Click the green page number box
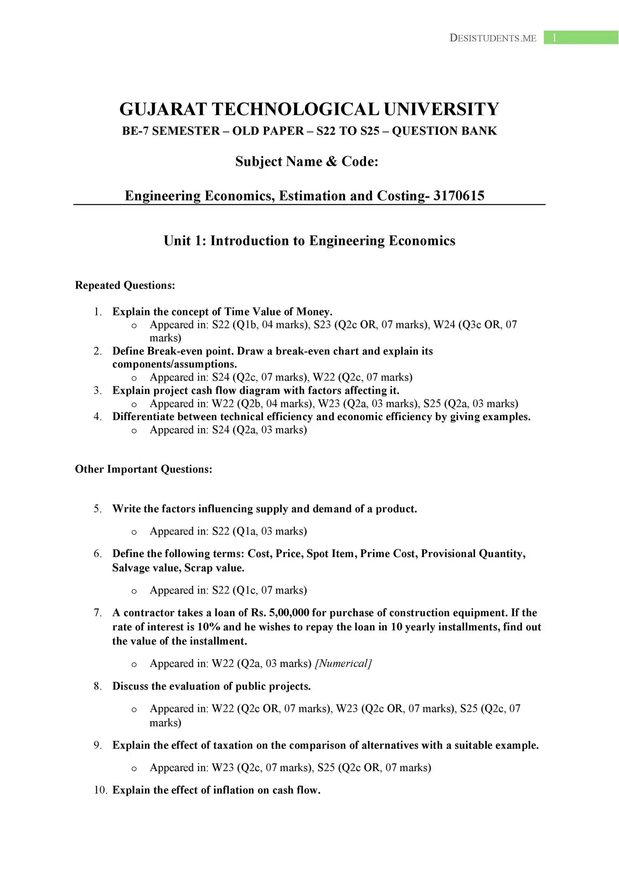581,38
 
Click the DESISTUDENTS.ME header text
493,38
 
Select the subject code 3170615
459,196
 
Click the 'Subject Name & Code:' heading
307,162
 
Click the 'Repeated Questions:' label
125,285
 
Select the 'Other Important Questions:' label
144,469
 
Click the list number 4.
98,417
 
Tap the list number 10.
100,790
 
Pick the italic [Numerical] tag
343,663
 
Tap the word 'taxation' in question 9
233,745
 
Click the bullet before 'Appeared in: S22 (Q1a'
134,532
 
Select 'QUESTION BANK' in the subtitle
444,131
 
